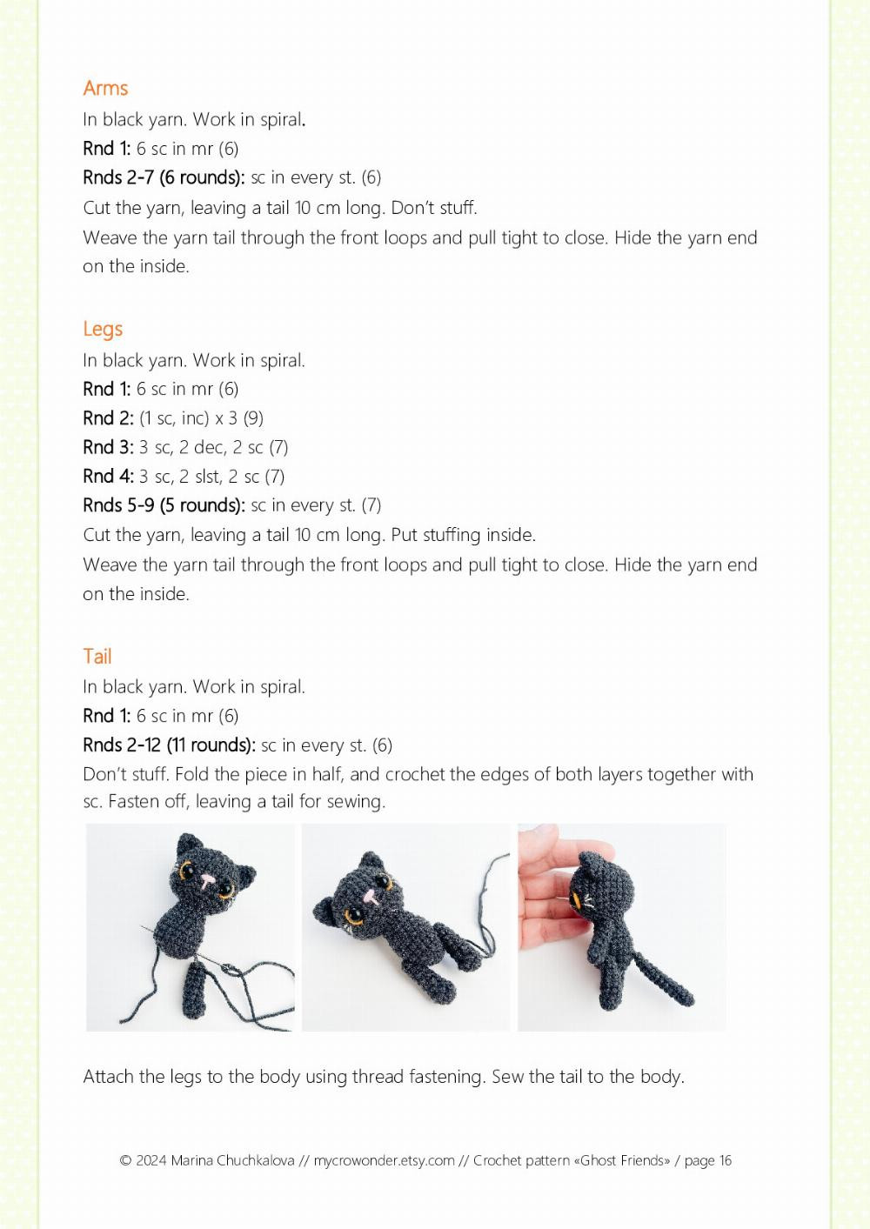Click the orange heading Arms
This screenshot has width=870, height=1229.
point(105,88)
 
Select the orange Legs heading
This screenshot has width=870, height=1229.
point(103,329)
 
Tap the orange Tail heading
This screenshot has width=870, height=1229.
point(97,656)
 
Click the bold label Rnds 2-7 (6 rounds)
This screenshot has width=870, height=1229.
point(164,177)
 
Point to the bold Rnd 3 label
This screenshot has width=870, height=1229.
point(108,447)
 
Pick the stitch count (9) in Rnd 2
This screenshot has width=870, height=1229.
point(253,418)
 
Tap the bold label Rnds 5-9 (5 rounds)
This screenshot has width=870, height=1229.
point(164,504)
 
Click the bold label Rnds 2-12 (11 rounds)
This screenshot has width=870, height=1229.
point(169,745)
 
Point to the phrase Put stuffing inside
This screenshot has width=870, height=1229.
point(463,534)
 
